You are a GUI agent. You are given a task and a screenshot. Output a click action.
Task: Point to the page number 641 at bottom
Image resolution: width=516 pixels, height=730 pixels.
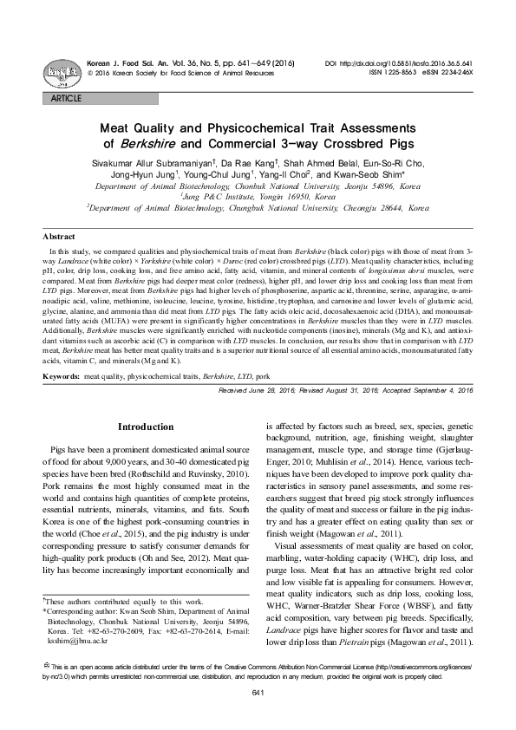coord(258,715)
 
